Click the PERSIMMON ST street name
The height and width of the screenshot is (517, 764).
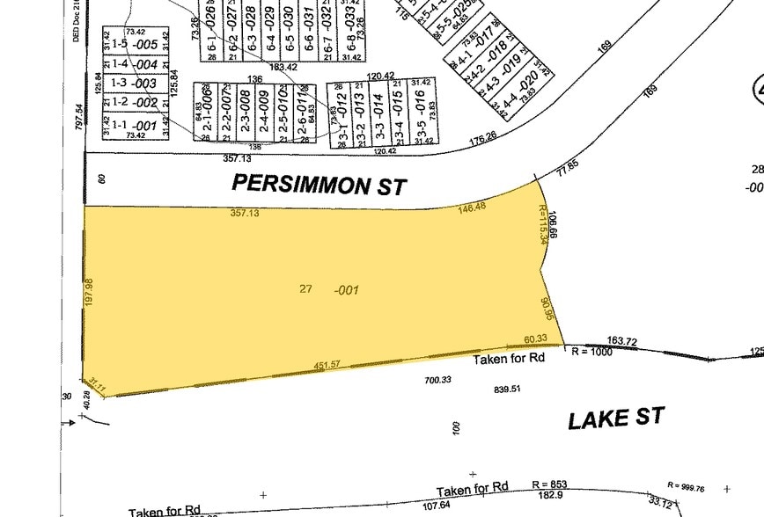point(319,186)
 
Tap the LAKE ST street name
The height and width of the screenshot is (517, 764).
point(615,419)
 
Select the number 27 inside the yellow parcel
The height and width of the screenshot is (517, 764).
point(306,288)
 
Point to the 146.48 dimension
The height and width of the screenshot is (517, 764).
point(473,208)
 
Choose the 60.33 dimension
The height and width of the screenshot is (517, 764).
point(535,339)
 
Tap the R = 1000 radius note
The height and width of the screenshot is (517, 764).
point(591,351)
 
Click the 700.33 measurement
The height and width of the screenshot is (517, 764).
point(437,380)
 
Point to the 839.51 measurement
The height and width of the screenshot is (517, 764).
point(508,389)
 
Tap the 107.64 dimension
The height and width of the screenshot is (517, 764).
point(437,506)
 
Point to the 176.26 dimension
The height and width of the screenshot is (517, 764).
point(483,139)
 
